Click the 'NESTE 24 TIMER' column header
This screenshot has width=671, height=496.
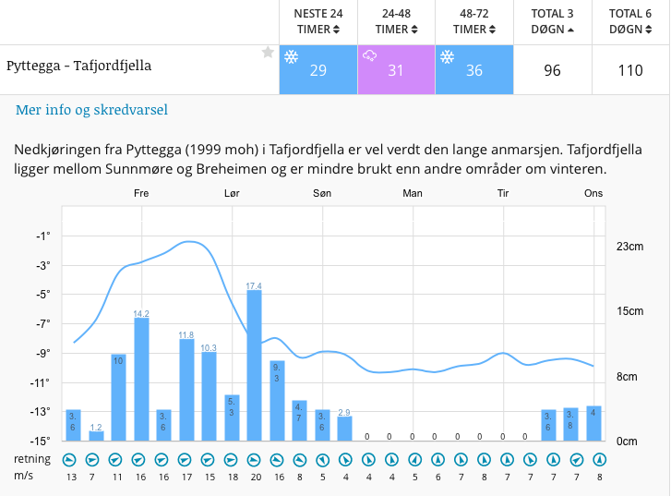pyautogui.click(x=318, y=21)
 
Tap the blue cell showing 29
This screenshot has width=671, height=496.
pyautogui.click(x=318, y=70)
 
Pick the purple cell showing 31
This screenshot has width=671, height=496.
pyautogui.click(x=395, y=70)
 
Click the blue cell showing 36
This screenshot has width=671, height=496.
pyautogui.click(x=473, y=70)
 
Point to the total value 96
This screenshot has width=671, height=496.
pyautogui.click(x=552, y=70)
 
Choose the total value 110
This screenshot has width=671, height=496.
pyautogui.click(x=631, y=70)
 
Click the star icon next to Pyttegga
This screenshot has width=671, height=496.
pyautogui.click(x=268, y=53)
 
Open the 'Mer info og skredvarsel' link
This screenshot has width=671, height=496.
pyautogui.click(x=91, y=110)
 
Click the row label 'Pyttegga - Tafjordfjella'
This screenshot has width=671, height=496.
pyautogui.click(x=78, y=66)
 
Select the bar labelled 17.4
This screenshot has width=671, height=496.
pyautogui.click(x=254, y=365)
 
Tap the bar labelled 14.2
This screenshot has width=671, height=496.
pyautogui.click(x=141, y=379)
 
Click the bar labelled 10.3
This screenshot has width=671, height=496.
pyautogui.click(x=209, y=396)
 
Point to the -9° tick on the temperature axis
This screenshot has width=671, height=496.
pyautogui.click(x=42, y=353)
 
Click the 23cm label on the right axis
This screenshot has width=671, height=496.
pyautogui.click(x=629, y=247)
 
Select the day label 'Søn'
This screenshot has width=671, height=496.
pyautogui.click(x=322, y=193)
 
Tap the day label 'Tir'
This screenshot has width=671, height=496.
pyautogui.click(x=503, y=193)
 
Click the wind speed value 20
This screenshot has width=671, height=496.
pyautogui.click(x=254, y=477)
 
